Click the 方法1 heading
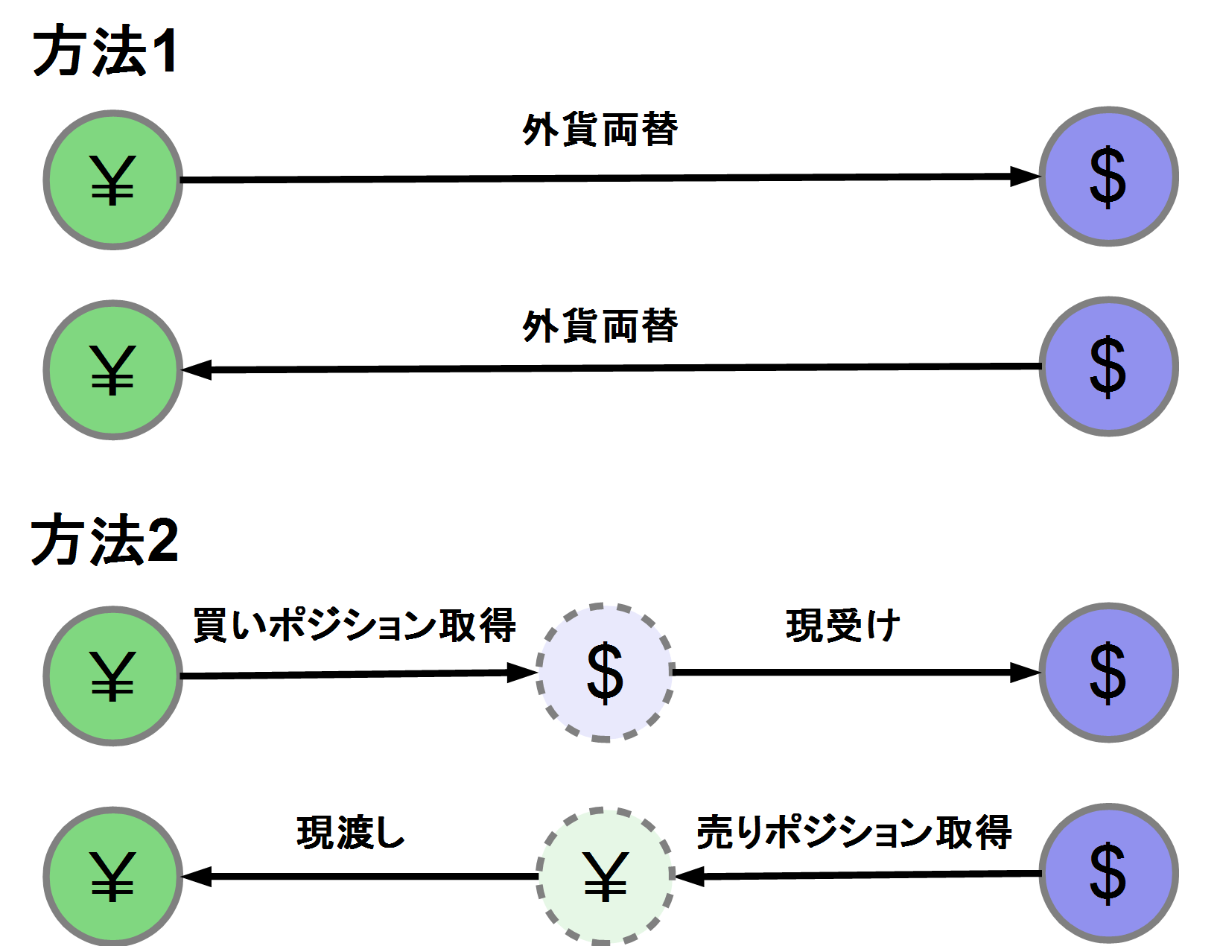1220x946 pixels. (104, 51)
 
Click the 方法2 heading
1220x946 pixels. (104, 540)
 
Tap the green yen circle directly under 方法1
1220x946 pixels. (113, 180)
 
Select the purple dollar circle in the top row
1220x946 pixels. (1108, 177)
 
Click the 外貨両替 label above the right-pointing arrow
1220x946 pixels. (600, 130)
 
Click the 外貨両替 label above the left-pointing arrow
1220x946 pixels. (600, 326)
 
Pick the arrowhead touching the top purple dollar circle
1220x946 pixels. (1025, 177)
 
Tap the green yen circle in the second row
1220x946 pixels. (113, 369)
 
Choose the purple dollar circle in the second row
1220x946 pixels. (1108, 366)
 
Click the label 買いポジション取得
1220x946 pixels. (354, 625)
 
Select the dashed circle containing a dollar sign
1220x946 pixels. (605, 673)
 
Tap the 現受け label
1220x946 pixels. (843, 625)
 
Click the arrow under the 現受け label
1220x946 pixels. (857, 672)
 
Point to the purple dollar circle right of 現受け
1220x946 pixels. (1108, 673)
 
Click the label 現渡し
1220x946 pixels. (350, 832)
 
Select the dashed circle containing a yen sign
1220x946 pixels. (605, 876)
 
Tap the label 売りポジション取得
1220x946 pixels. (854, 832)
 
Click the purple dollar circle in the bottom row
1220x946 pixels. (1108, 873)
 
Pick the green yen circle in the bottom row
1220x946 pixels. (113, 877)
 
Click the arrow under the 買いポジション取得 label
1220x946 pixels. (358, 674)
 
